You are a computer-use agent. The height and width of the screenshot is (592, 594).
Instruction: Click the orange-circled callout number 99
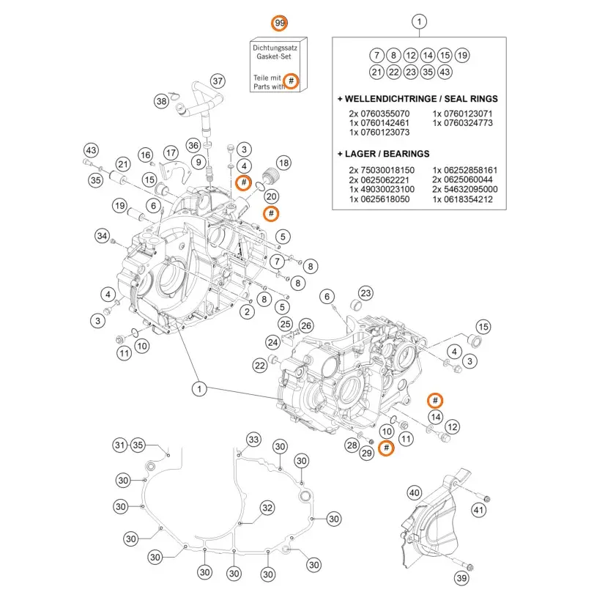point(279,23)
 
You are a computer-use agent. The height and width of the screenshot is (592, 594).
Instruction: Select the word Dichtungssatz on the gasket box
point(278,47)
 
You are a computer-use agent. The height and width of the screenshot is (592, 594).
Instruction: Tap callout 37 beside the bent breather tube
point(218,80)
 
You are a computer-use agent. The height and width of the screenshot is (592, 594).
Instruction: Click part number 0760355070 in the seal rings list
point(380,114)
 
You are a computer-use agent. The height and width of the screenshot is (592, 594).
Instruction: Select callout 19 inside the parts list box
point(462,55)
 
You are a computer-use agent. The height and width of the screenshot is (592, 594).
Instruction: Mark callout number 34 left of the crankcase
point(103,235)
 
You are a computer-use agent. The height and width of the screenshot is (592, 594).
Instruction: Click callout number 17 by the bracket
point(171,152)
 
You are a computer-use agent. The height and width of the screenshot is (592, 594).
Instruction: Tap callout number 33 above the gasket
point(253,440)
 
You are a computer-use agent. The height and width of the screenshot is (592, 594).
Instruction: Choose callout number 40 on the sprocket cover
point(415,492)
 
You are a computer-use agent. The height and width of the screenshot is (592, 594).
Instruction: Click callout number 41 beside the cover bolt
point(479,510)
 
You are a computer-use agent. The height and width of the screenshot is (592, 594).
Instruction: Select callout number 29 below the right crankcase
point(367,453)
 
